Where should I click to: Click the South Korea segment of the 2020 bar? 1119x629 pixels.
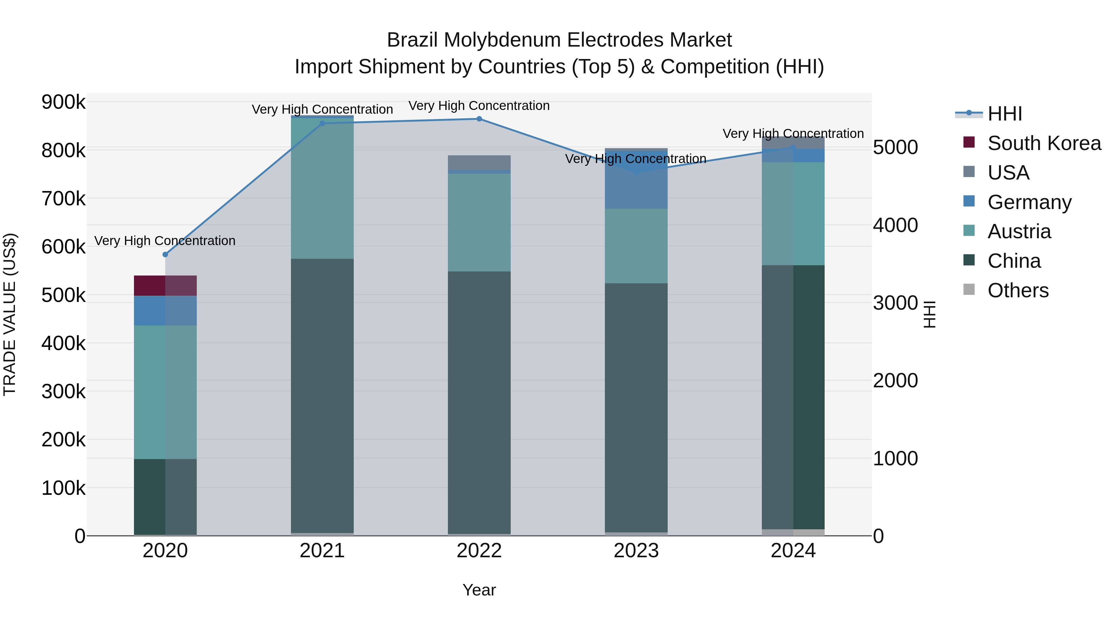coord(165,286)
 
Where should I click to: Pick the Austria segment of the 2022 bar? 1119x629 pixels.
coord(479,222)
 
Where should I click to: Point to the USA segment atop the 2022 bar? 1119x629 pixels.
coord(479,162)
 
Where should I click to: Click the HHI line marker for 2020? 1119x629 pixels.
coord(165,254)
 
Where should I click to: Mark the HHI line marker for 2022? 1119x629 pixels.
coord(479,119)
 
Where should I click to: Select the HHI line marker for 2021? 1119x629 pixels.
coord(322,124)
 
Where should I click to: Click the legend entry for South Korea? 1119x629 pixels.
coord(1044,143)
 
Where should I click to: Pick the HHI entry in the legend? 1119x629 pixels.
coord(1004,114)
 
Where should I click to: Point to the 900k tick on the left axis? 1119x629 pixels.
coord(63,103)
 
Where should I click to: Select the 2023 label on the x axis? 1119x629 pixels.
coord(636,551)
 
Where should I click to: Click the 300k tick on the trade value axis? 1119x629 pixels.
coord(63,392)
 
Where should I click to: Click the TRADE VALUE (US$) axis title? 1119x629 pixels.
coord(10,314)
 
